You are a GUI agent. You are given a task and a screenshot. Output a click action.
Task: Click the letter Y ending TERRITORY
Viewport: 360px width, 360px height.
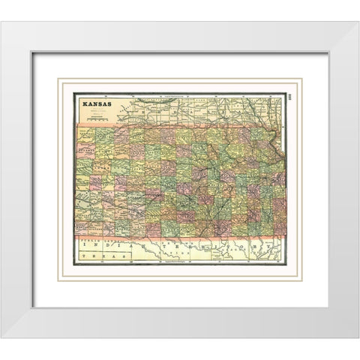(278, 245)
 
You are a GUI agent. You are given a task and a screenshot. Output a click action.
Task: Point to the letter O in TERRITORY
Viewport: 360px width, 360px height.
(251, 245)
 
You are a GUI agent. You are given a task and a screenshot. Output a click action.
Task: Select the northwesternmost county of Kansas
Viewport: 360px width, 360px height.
(86, 133)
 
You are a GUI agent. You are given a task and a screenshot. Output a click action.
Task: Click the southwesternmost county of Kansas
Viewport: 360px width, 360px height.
(85, 228)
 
